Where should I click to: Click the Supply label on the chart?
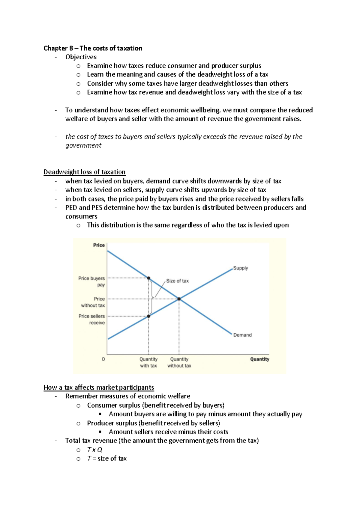click(x=241, y=268)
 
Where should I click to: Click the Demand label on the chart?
click(x=242, y=335)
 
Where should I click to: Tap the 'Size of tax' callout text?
click(x=177, y=281)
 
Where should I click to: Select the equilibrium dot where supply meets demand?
click(x=179, y=299)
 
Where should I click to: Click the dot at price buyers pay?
click(x=148, y=278)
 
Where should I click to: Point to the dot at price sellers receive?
click(x=148, y=316)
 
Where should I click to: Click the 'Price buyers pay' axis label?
click(x=92, y=281)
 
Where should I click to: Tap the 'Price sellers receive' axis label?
click(x=92, y=319)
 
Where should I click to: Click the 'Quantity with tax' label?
click(x=148, y=362)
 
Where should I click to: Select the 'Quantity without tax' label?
click(x=179, y=362)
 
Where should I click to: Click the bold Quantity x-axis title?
click(x=259, y=359)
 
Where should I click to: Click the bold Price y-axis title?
click(x=99, y=245)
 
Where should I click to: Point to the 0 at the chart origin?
click(x=103, y=359)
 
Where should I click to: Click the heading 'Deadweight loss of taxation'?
click(x=84, y=172)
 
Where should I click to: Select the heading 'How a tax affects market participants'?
click(x=99, y=387)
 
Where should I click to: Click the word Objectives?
click(x=81, y=57)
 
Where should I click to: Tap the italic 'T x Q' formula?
click(x=94, y=450)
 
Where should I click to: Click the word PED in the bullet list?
click(x=71, y=207)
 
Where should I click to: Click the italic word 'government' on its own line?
click(x=83, y=145)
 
